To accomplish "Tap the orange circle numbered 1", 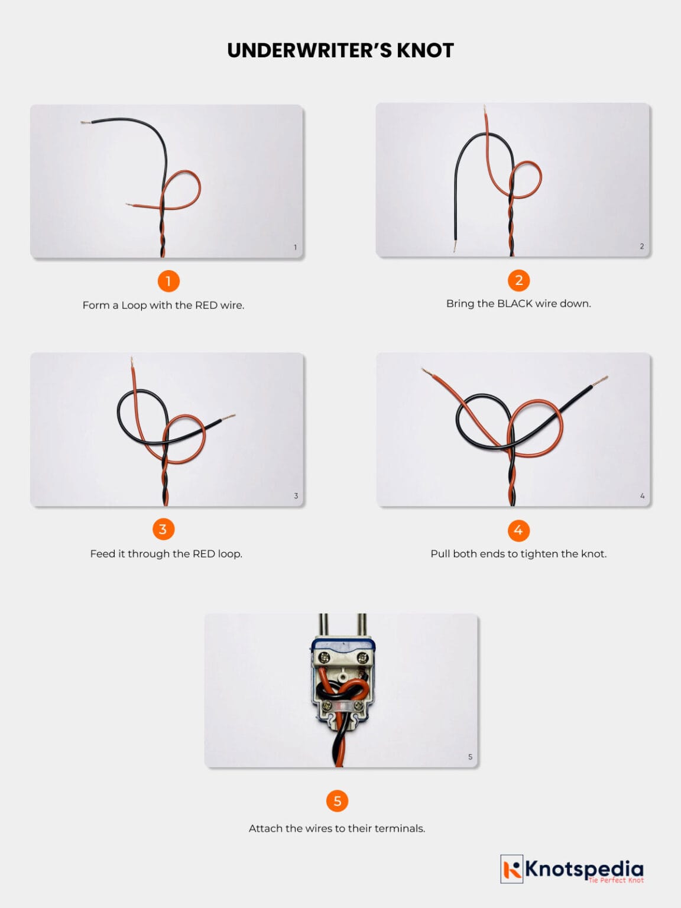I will point(168,281).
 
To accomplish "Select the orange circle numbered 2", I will point(518,280).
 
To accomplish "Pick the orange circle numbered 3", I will point(163,528).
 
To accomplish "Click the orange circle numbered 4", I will point(518,530).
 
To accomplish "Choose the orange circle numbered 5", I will point(337,801).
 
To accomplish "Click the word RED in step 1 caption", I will point(206,305).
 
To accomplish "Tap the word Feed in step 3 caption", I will point(102,554).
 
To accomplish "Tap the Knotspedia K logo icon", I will point(512,869).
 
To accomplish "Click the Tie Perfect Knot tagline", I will point(615,880).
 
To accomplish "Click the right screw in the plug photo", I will point(359,656).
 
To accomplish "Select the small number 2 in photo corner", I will point(642,246).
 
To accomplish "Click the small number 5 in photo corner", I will point(470,757).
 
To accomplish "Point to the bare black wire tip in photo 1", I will point(85,122).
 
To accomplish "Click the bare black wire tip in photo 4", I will point(604,378).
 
